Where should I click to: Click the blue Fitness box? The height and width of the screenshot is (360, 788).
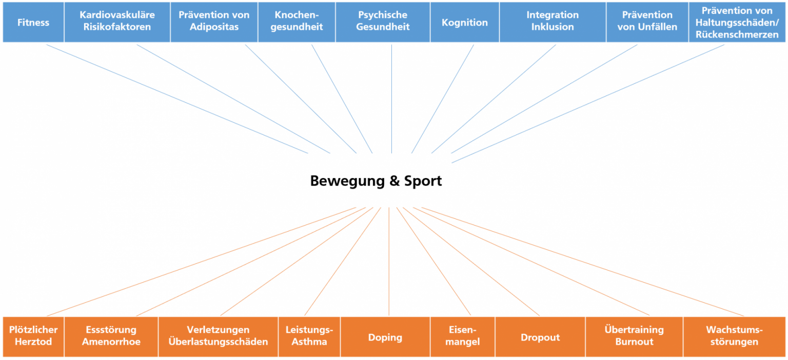[x=33, y=22]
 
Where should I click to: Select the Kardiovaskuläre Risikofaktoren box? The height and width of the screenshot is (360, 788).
[x=117, y=22]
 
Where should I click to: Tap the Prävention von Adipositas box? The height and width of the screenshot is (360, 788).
[x=214, y=22]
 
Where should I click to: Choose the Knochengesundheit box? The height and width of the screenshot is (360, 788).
[x=297, y=22]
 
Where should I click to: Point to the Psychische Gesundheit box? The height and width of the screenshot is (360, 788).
[x=383, y=22]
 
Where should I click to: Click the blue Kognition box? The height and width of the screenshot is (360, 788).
[x=465, y=22]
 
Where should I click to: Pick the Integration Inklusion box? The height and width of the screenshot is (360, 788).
[x=553, y=22]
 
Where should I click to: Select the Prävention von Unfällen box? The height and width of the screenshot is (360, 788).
[x=647, y=22]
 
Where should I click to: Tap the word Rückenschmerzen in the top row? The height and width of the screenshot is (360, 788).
[x=737, y=34]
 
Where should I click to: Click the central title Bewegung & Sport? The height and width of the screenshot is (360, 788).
[x=376, y=181]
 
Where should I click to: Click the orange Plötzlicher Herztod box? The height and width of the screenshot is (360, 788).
[x=33, y=336]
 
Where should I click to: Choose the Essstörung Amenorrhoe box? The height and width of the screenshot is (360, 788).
[x=111, y=336]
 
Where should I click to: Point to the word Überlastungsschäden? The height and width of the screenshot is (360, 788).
[x=218, y=342]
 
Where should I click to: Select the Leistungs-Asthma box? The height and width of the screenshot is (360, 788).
[x=309, y=336]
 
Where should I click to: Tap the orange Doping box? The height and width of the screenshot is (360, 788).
[x=385, y=337]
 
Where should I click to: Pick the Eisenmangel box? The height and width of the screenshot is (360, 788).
[x=462, y=336]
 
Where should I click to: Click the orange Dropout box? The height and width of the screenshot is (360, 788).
[x=540, y=337]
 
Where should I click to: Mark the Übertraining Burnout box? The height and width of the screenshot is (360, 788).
[x=634, y=336]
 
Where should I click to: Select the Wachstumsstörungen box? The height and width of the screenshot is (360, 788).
[x=734, y=336]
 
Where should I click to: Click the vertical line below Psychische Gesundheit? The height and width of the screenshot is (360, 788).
[x=391, y=97]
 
